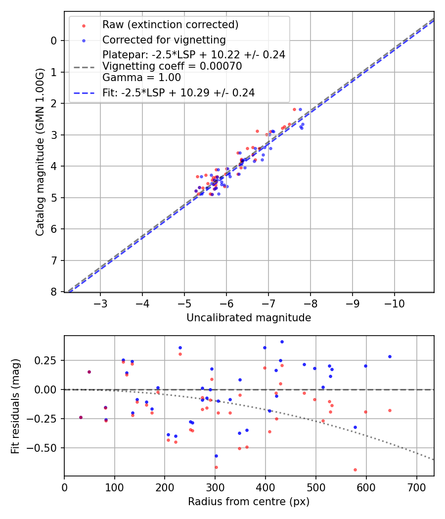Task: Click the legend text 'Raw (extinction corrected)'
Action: click(170, 25)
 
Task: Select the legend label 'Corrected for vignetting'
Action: click(164, 40)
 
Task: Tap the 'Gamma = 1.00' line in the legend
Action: click(141, 78)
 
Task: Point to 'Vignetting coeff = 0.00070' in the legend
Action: click(172, 66)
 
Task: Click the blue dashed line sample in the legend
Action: click(84, 92)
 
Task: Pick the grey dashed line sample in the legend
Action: click(84, 66)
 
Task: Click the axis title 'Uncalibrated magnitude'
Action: click(249, 318)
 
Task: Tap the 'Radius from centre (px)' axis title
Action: click(249, 502)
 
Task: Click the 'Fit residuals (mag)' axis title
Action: click(16, 406)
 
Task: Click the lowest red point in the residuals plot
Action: click(355, 470)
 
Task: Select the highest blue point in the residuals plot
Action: click(282, 342)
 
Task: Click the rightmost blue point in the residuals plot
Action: click(390, 356)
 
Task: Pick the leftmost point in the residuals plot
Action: click(81, 417)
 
